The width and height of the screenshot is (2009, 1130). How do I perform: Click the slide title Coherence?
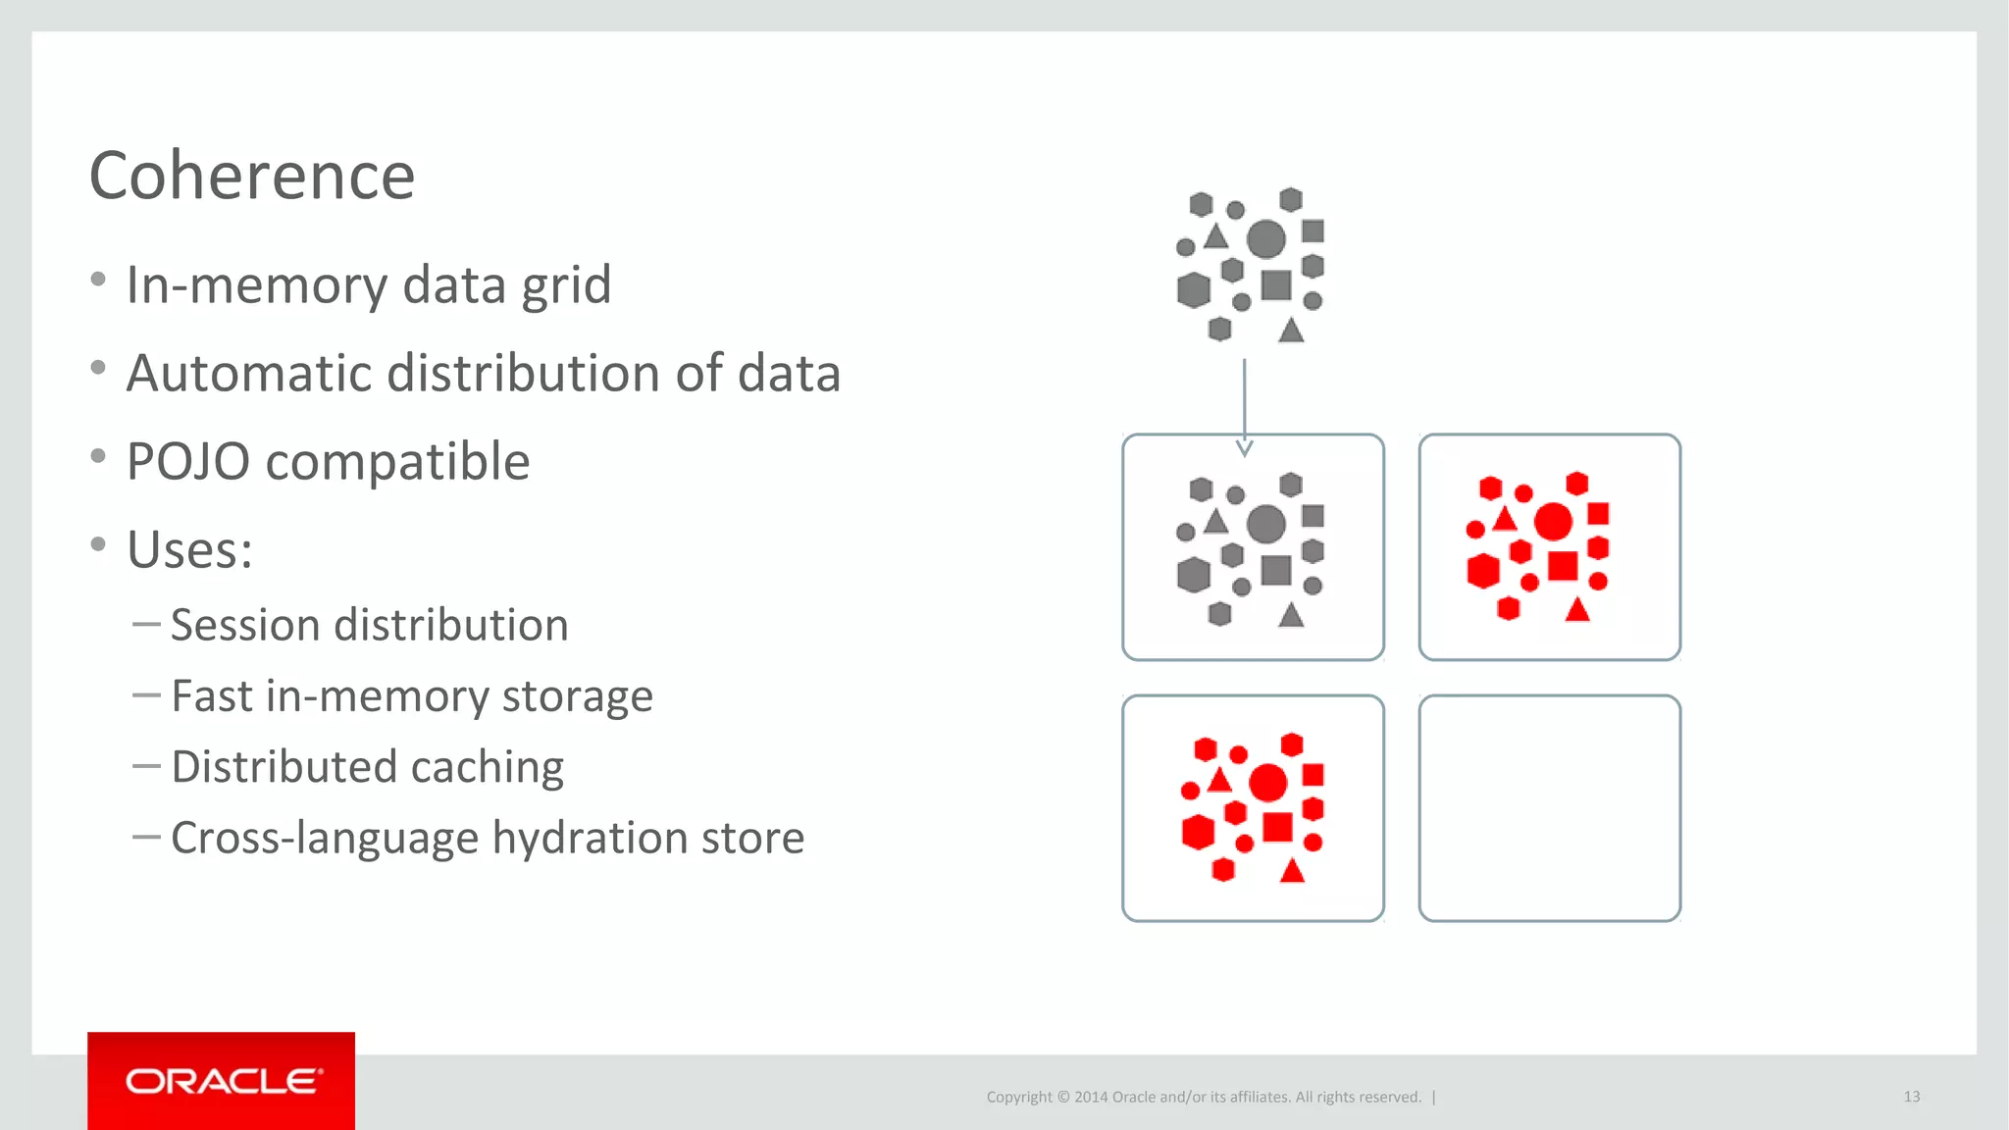click(x=252, y=177)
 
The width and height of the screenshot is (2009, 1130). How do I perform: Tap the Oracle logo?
click(x=222, y=1081)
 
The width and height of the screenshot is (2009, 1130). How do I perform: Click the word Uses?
click(x=189, y=550)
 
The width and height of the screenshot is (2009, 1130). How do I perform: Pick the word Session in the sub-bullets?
click(x=244, y=626)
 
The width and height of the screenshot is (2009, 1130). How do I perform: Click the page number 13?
click(x=1911, y=1097)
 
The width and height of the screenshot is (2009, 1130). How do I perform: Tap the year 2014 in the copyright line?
click(x=1091, y=1098)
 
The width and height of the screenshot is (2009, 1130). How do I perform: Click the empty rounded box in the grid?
click(x=1549, y=808)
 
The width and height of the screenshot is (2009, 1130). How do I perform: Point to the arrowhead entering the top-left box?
click(x=1244, y=448)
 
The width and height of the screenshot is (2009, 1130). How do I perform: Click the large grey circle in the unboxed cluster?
click(x=1265, y=238)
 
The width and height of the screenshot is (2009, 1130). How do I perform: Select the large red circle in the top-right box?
click(x=1553, y=522)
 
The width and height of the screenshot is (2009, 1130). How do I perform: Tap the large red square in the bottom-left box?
click(x=1277, y=827)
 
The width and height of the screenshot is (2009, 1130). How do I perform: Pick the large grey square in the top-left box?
click(x=1275, y=570)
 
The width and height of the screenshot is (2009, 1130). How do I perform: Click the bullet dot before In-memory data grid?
click(x=97, y=280)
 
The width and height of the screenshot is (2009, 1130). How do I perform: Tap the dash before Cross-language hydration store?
click(x=146, y=837)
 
